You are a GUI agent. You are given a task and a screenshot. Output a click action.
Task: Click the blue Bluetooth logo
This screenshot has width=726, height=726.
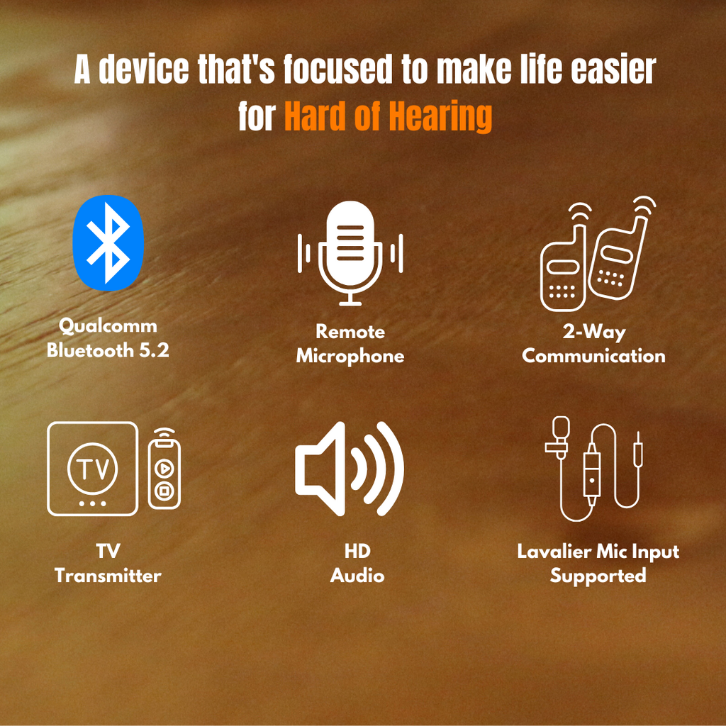pos(108,242)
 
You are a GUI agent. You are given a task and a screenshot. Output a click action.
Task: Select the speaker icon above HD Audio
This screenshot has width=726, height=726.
pos(349,468)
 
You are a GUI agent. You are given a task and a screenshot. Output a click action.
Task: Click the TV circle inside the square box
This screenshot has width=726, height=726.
pos(92,468)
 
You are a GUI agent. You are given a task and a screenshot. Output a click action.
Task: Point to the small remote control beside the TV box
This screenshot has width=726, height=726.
pos(164,471)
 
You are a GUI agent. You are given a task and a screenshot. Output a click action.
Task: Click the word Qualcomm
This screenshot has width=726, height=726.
pos(108,326)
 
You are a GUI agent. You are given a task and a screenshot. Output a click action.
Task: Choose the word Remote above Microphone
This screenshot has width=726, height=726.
pos(350,332)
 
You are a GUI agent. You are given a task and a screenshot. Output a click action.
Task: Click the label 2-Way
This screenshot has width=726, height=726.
pos(594,332)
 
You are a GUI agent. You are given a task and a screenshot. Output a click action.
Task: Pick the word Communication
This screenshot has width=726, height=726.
pos(594,356)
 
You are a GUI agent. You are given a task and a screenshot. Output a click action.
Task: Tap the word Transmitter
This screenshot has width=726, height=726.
pos(108,576)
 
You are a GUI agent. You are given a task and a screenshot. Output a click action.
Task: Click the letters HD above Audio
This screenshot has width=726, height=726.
pos(357,552)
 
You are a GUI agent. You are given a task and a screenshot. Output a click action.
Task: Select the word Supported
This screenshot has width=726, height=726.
pos(598,576)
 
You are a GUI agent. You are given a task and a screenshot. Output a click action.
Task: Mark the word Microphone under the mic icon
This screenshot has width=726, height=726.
pos(350,356)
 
